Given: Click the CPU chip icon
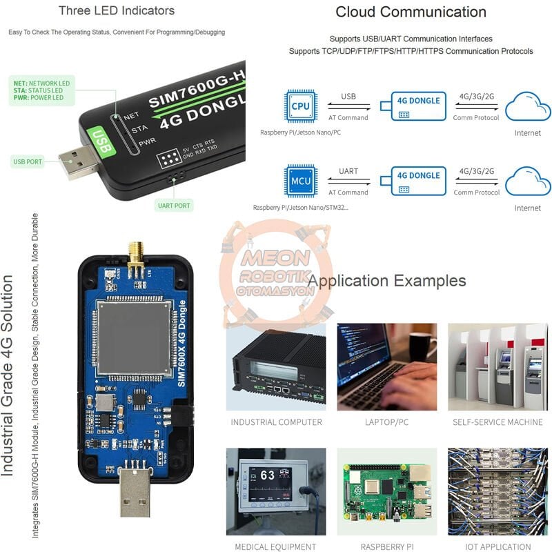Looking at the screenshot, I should tap(300, 106).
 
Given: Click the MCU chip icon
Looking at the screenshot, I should tap(300, 181).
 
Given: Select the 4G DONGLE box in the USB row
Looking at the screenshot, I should tap(418, 106).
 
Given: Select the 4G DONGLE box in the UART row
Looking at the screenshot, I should tap(418, 181).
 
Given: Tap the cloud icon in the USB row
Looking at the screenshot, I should tap(528, 108).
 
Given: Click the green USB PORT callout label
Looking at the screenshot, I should tap(28, 161).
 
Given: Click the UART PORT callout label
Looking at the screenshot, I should tap(173, 205).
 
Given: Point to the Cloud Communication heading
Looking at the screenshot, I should tap(411, 12).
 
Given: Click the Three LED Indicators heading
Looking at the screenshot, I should tap(116, 10).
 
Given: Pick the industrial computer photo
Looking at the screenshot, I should tap(276, 366).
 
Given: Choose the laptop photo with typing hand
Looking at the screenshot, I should tap(386, 366).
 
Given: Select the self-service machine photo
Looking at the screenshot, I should tap(497, 366).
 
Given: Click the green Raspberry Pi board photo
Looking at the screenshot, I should tap(386, 491).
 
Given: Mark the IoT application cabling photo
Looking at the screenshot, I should tap(497, 491).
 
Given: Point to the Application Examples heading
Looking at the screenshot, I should tap(386, 281).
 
